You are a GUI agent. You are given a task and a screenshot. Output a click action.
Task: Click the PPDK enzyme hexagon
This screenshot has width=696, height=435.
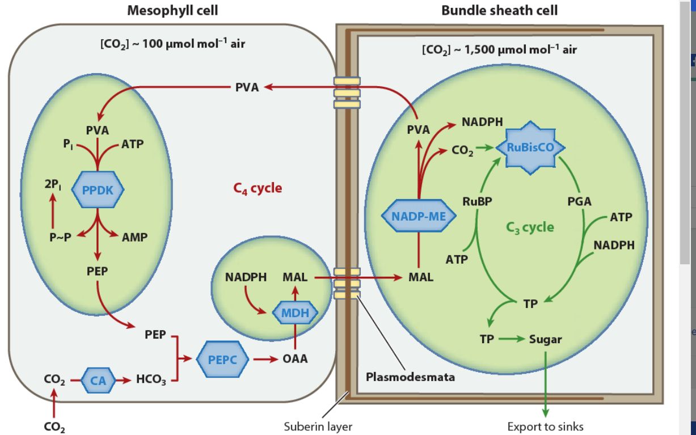coord(98,191)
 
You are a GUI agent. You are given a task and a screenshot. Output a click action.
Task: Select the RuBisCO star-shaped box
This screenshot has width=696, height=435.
coord(530,147)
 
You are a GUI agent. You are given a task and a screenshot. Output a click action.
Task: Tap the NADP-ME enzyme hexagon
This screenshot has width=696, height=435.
coord(418,216)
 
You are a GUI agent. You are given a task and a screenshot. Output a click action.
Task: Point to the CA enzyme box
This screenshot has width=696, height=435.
coord(95,380)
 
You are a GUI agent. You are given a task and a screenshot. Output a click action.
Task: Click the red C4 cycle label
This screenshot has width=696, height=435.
coord(258,188)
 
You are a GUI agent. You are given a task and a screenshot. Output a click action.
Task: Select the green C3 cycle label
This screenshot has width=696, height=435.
coord(530,227)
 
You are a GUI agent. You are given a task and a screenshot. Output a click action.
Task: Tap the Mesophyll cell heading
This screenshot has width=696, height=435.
coord(172,10)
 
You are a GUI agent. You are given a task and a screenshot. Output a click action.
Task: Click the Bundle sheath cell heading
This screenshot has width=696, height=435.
coord(499,10)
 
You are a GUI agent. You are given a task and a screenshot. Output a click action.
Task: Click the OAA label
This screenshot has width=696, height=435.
coord(295,359)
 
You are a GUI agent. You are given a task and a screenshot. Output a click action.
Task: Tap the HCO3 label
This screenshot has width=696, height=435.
coord(151,381)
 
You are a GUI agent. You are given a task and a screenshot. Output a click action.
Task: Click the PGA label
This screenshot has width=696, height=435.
coord(579,201)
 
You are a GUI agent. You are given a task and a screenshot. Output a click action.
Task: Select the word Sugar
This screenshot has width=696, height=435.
coord(545,339)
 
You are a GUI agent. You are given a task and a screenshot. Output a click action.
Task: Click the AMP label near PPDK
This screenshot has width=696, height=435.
coord(134,238)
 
